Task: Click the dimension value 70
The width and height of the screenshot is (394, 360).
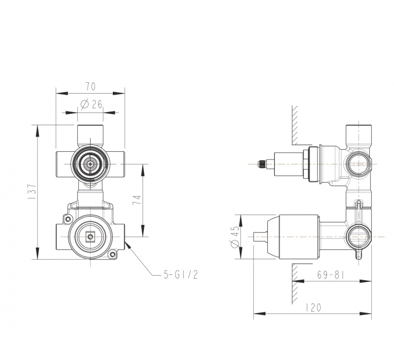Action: tap(90, 87)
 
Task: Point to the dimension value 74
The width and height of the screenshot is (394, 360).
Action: tap(137, 200)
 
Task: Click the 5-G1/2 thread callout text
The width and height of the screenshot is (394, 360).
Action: tap(180, 274)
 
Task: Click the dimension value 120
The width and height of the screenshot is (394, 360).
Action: tap(313, 308)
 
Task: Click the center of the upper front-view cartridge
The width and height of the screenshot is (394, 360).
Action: tap(90, 164)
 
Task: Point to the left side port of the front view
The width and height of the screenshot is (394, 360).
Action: tap(63, 164)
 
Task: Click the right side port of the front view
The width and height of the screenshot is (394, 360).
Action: tap(117, 164)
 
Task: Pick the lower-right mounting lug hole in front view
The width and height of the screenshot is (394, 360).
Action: tap(113, 255)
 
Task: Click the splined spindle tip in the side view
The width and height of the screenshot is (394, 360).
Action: tap(264, 164)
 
